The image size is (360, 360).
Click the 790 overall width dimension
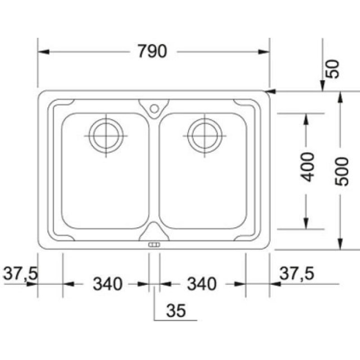click(152, 51)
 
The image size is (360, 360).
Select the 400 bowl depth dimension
click(307, 166)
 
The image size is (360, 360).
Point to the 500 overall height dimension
click(342, 171)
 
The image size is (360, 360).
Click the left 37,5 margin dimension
click(20, 273)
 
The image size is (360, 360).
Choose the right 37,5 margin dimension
click(297, 273)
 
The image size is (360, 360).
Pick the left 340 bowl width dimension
click(108, 284)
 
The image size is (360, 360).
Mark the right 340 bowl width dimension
click(202, 284)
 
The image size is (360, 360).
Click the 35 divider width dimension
click(176, 310)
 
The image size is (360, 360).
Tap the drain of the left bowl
click(106, 136)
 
